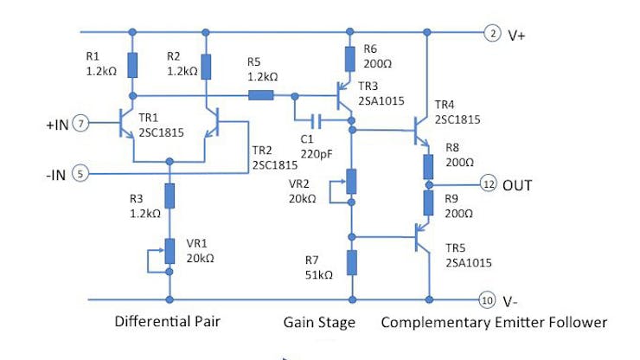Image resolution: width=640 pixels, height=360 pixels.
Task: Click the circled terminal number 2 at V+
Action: point(492,34)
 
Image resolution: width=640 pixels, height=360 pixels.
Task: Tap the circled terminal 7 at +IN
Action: point(80,125)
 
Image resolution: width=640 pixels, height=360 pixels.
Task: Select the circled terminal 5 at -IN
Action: point(80,173)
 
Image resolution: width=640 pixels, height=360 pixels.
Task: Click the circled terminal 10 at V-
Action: point(487,300)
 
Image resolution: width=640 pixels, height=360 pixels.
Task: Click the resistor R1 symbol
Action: point(132,65)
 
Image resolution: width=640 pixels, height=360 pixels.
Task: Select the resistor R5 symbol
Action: point(260,96)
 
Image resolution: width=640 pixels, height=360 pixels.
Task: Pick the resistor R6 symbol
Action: point(350,59)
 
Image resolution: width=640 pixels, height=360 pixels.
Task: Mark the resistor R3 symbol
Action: point(170,196)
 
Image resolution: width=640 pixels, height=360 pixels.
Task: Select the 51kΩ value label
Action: point(320,274)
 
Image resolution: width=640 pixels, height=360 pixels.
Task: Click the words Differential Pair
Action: point(168,323)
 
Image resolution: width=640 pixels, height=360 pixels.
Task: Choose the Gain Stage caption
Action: point(319,323)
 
